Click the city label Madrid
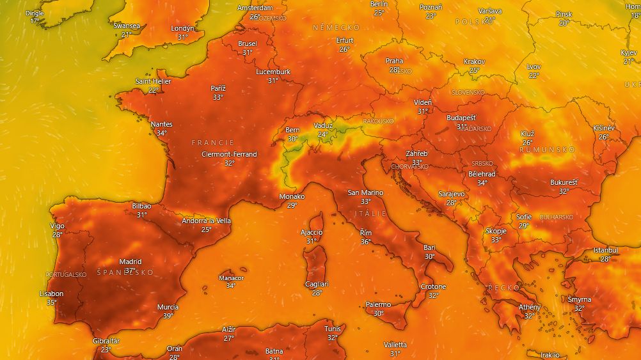[x=130, y=262]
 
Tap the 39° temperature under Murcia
[x=168, y=316]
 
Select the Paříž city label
[x=218, y=88]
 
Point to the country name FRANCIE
[x=213, y=142]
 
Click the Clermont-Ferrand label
[x=229, y=154]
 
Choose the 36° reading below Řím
[x=365, y=242]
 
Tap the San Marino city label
[x=365, y=192]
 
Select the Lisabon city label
[x=51, y=293]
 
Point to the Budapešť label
[x=461, y=118]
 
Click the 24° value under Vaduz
[x=323, y=134]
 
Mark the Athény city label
[x=529, y=307]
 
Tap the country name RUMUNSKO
[x=547, y=149]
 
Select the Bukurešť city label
[x=564, y=182]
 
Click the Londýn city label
[x=182, y=28]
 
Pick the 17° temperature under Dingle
[x=35, y=21]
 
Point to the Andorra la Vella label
[x=206, y=221]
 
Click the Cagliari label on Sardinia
[x=317, y=284]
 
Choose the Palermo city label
[x=378, y=304]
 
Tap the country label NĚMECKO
[x=336, y=27]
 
